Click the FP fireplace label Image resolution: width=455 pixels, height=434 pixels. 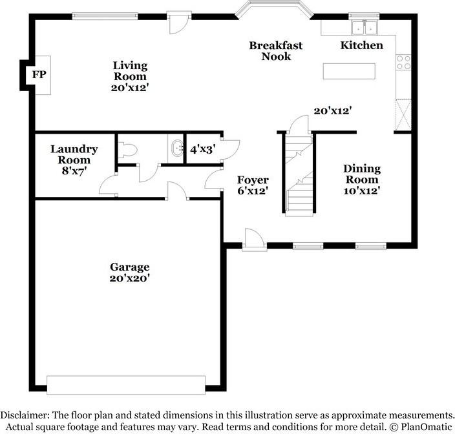click(x=39, y=75)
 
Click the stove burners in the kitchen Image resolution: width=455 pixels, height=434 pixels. click(x=403, y=63)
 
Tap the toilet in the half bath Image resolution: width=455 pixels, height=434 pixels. click(x=127, y=149)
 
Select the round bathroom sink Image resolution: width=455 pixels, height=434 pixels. click(x=175, y=149)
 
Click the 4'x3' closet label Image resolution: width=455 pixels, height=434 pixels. click(x=202, y=149)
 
